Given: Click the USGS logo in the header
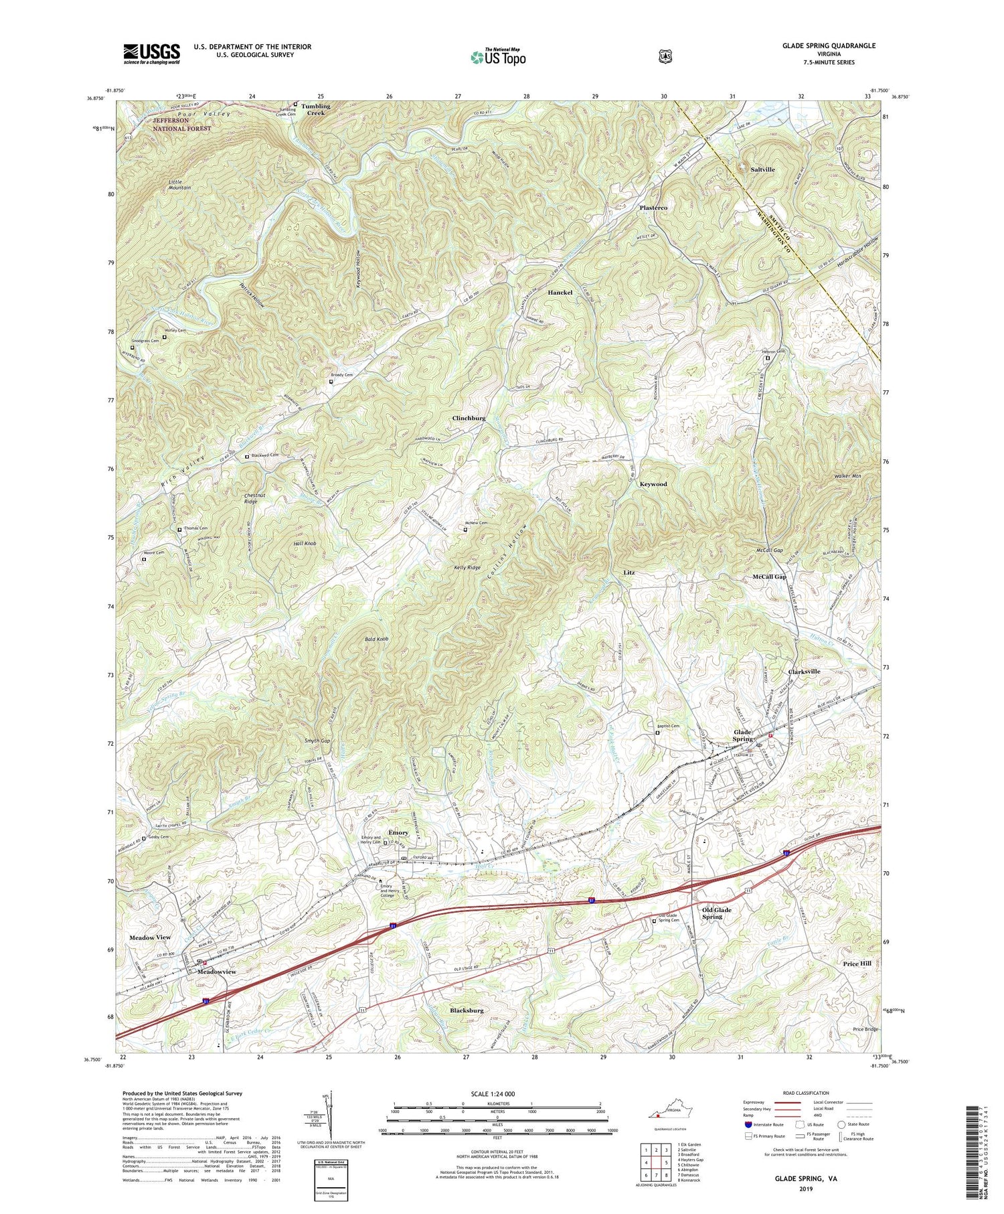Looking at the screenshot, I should click(151, 54).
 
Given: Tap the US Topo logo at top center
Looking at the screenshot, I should click(498, 56).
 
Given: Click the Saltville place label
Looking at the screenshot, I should click(762, 169).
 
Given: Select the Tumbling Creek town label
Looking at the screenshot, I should click(315, 109).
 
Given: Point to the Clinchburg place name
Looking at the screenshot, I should click(469, 418).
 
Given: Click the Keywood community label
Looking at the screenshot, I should click(653, 483).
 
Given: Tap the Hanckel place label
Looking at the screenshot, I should click(560, 293).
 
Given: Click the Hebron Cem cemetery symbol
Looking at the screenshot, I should click(768, 358).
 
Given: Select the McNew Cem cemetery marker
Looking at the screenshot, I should click(466, 530).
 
